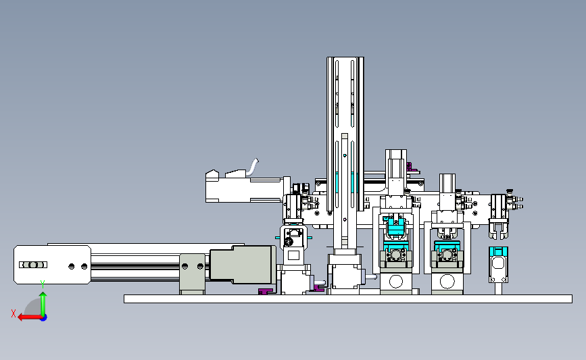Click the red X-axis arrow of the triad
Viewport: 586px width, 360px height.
(30, 317)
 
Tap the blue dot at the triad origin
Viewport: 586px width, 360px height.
(44, 318)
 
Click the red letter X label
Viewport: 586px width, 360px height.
(14, 313)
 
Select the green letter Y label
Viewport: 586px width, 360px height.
(43, 284)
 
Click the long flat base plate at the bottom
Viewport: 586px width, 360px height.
(348, 299)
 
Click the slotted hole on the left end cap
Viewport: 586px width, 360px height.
(33, 265)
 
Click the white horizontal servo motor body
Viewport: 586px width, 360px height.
(245, 190)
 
